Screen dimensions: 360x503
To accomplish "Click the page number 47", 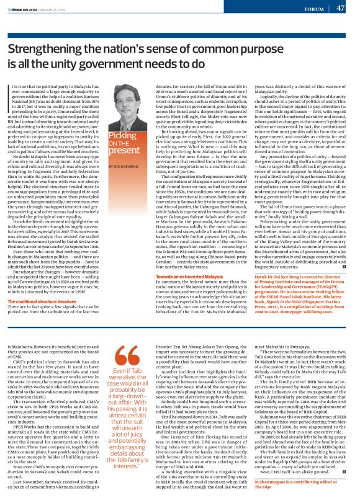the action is pyautogui.click(x=340, y=8).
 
